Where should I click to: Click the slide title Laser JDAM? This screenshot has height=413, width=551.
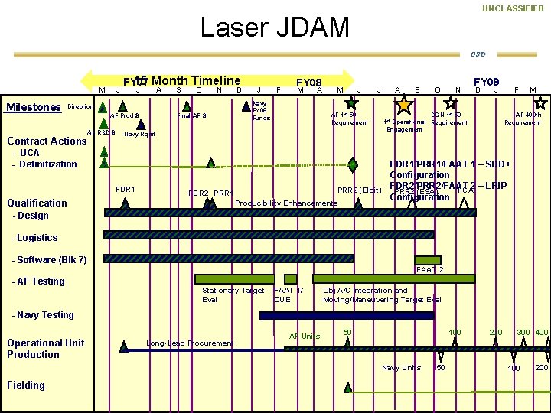click(274, 28)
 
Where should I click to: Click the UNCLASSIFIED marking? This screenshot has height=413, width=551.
click(512, 8)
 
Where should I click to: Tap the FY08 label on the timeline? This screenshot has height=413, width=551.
click(308, 83)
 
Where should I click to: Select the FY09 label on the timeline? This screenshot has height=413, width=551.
click(486, 81)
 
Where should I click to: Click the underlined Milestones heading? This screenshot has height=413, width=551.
click(33, 107)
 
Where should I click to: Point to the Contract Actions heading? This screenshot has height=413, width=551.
click(47, 141)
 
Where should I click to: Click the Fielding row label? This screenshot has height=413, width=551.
click(26, 385)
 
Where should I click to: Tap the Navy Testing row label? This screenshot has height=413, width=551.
click(43, 314)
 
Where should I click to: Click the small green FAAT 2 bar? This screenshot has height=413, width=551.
click(428, 260)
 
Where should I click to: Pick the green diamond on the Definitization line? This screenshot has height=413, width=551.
click(352, 164)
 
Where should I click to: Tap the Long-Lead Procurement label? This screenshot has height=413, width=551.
click(190, 343)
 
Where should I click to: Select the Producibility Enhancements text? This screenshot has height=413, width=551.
click(285, 203)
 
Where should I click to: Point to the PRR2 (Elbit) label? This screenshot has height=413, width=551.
click(360, 190)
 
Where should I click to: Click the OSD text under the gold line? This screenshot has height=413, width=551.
click(478, 54)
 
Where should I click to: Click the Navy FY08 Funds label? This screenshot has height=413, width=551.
click(261, 111)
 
